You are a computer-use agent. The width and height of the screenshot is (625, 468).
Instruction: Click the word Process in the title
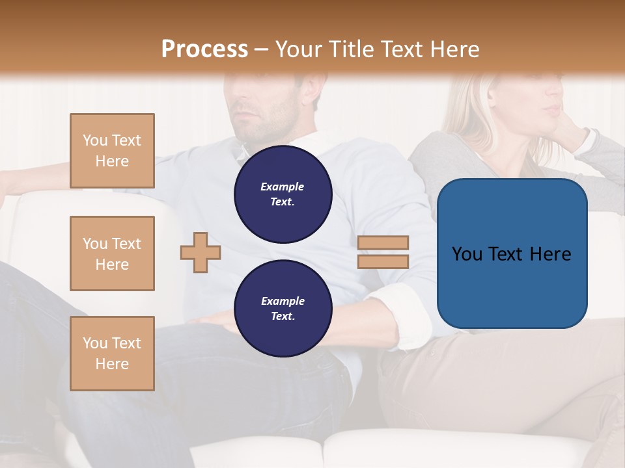click(x=204, y=49)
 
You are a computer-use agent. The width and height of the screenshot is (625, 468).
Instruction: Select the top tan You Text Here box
click(x=112, y=151)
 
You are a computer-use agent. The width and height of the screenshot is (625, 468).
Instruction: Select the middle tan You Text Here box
click(x=112, y=253)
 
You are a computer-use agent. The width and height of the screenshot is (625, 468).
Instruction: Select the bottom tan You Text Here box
click(x=112, y=354)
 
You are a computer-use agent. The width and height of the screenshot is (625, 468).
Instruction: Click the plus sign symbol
click(x=201, y=252)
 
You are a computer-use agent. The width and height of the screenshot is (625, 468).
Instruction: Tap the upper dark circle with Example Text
click(x=283, y=194)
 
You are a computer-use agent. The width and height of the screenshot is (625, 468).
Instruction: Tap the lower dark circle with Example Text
click(x=283, y=308)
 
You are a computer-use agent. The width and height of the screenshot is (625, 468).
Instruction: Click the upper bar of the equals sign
click(x=383, y=243)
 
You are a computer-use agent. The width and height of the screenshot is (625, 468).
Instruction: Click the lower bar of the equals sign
click(x=383, y=262)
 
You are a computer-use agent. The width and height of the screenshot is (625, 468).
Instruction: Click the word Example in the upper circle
click(x=283, y=187)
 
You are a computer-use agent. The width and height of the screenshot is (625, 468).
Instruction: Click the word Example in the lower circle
click(x=283, y=301)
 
